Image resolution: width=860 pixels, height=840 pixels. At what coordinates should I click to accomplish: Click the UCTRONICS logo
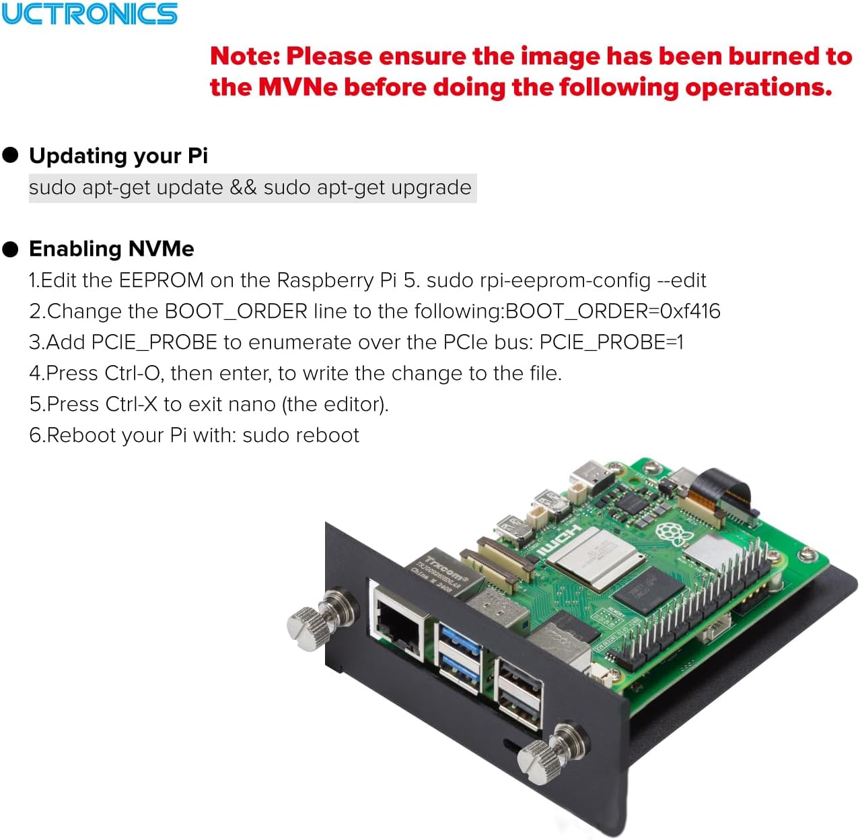click(x=89, y=13)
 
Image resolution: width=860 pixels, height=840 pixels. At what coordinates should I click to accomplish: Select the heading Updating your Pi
click(x=118, y=156)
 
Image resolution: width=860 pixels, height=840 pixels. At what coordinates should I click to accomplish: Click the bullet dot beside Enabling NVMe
click(x=10, y=249)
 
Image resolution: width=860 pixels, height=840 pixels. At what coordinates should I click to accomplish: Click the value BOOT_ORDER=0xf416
click(x=612, y=311)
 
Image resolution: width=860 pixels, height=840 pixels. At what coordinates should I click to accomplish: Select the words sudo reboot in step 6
click(x=301, y=435)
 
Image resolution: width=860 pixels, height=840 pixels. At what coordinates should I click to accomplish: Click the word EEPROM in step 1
click(x=161, y=280)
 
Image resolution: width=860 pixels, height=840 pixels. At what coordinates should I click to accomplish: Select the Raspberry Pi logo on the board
click(x=674, y=533)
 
